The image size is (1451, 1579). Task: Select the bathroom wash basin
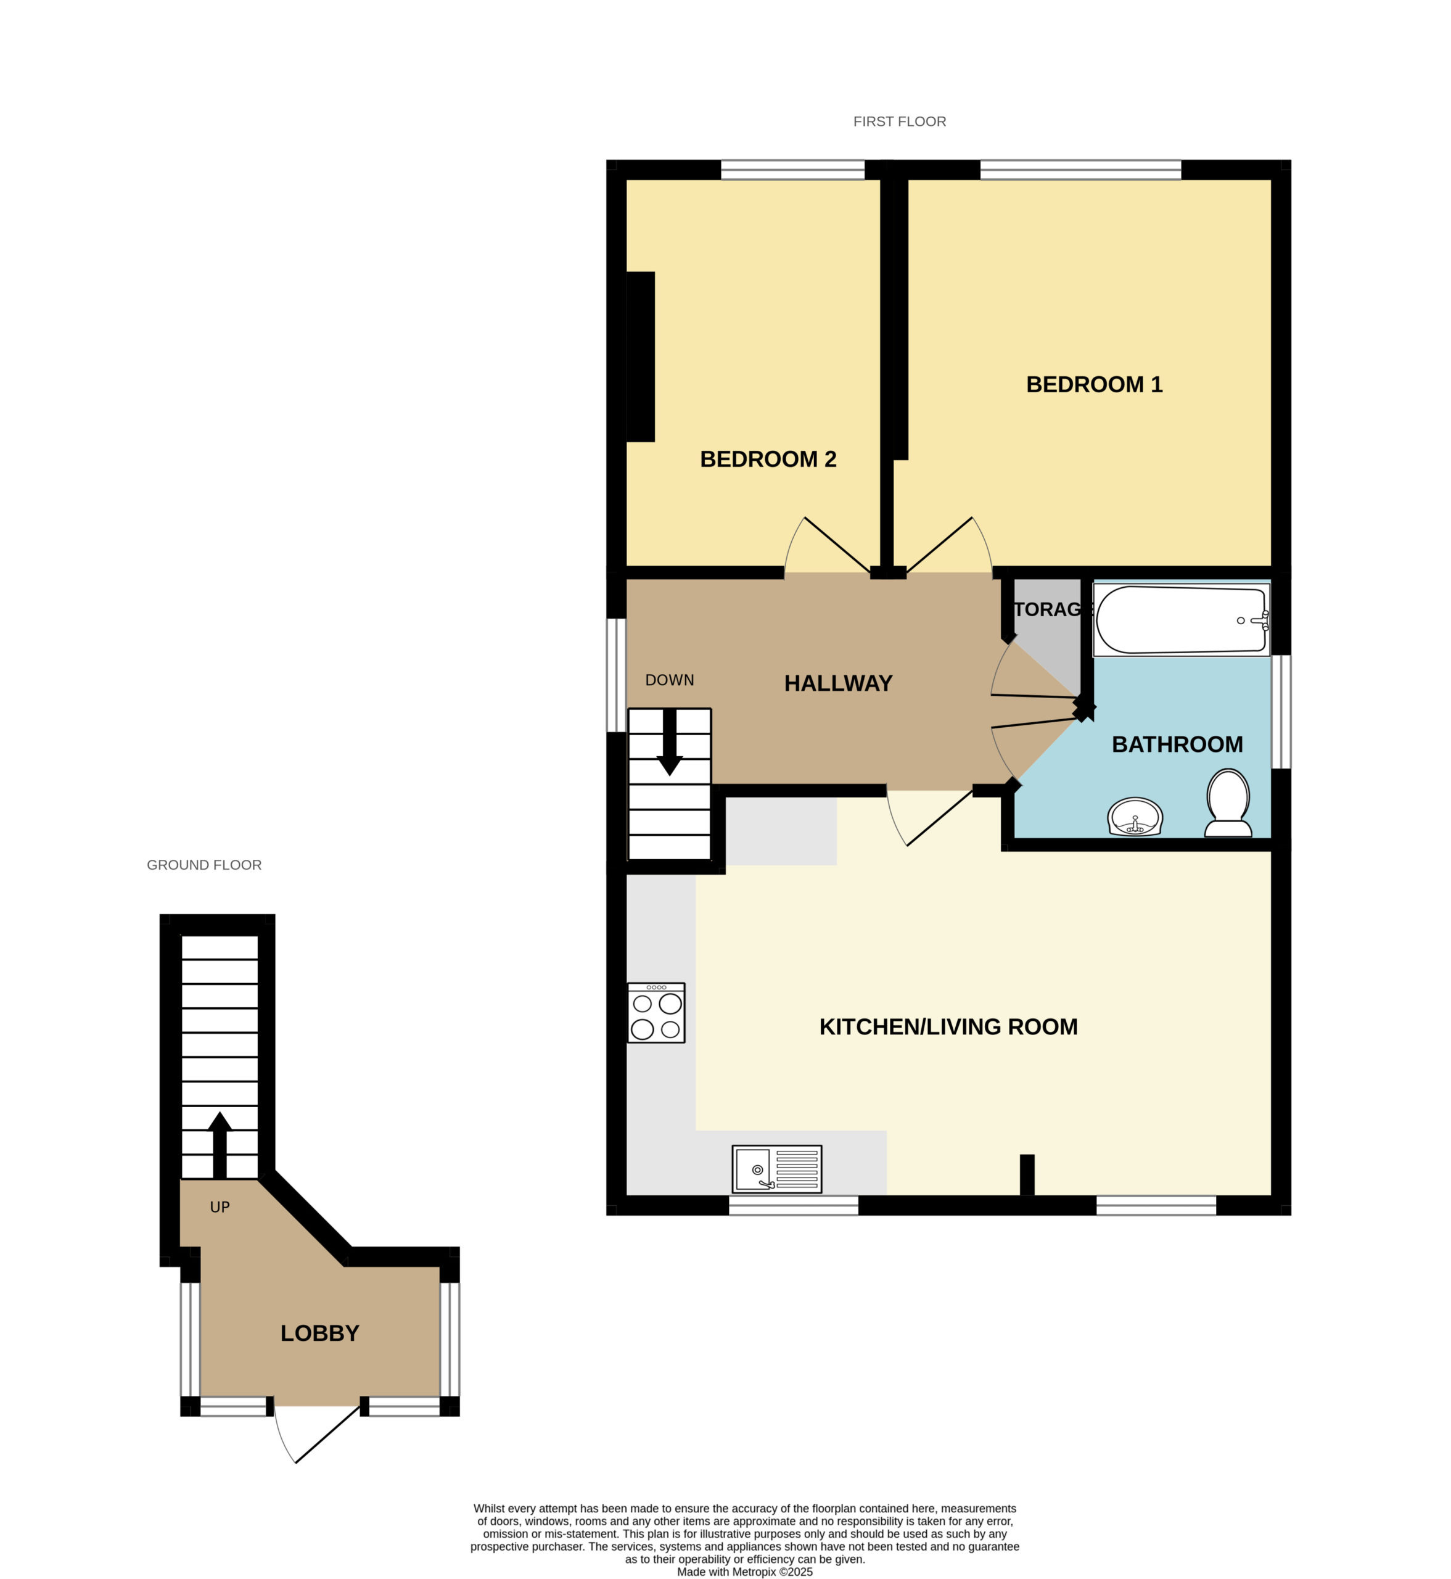(1135, 817)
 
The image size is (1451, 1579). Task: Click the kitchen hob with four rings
(656, 1013)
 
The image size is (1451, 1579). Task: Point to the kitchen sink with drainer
(778, 1168)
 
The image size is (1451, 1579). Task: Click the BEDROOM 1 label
(1094, 385)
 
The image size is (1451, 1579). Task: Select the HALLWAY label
(838, 683)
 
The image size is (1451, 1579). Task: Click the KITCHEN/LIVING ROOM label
(948, 1027)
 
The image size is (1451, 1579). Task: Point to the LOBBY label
(319, 1334)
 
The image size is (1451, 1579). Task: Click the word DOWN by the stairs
(670, 680)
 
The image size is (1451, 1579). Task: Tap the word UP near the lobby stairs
(220, 1207)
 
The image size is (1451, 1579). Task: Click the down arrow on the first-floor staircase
(670, 742)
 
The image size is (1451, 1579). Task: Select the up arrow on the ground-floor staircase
(220, 1145)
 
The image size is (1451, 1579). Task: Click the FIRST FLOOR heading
(900, 122)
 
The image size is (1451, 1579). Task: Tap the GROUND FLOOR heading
(204, 865)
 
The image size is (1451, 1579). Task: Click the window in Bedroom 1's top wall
(1080, 170)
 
